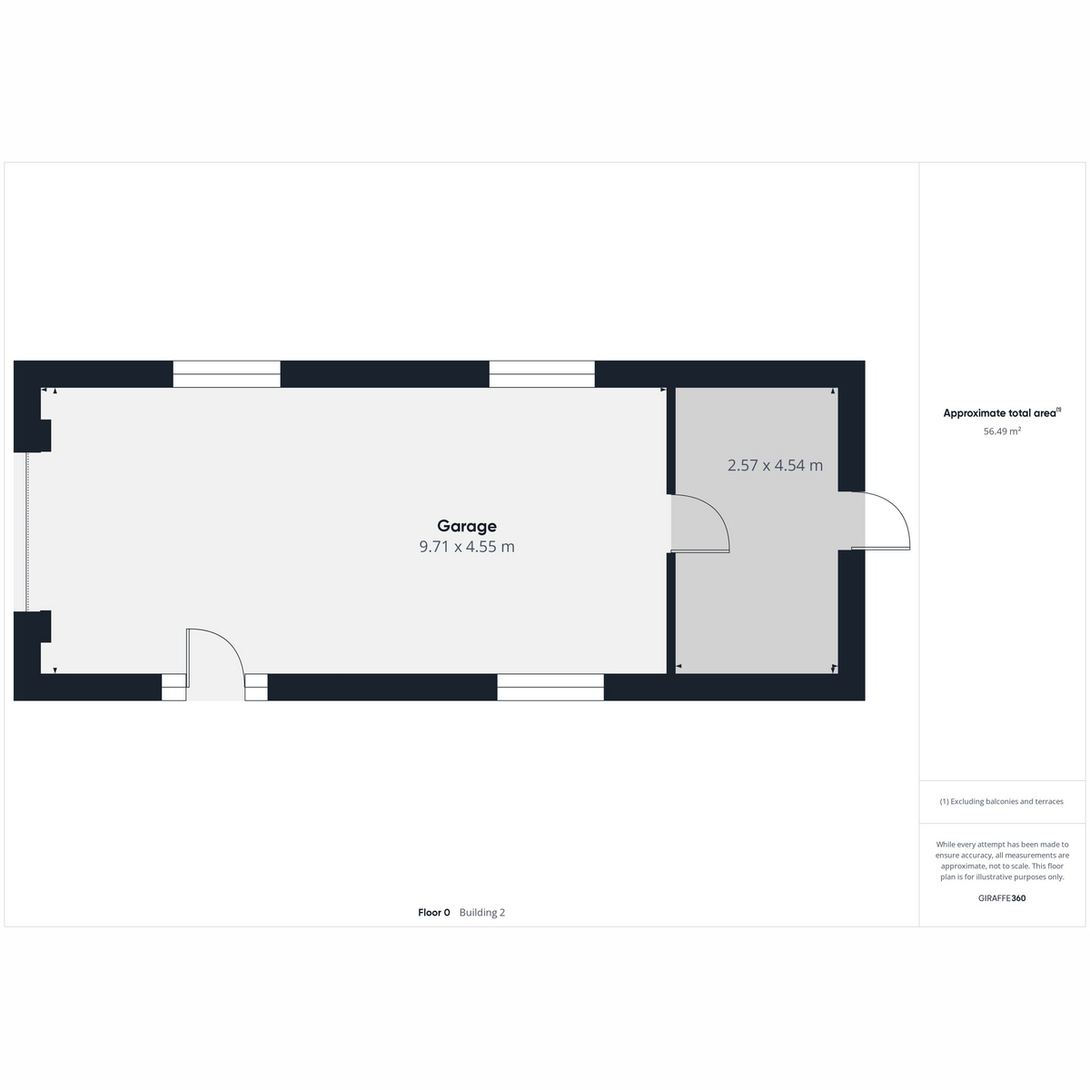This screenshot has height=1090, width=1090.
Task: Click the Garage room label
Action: coord(467,526)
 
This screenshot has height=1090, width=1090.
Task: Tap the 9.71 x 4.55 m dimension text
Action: coord(467,547)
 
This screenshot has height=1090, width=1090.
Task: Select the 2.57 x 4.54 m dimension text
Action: coord(775,465)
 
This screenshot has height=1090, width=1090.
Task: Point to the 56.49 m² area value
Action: coord(1002,431)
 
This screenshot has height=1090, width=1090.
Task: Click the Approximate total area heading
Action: coord(999,413)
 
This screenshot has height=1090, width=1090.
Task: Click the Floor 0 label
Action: coord(434,912)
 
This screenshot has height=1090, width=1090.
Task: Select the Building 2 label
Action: coord(482,912)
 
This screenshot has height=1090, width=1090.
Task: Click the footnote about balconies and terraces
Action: coord(1002,801)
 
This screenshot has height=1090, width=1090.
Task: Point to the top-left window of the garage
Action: coord(226,374)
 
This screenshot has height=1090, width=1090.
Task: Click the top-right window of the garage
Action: coord(542,374)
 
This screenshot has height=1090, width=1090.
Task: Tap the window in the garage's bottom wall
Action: coord(550,687)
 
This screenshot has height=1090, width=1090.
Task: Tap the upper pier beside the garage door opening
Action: coord(32,436)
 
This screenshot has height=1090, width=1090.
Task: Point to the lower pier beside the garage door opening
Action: coord(32,627)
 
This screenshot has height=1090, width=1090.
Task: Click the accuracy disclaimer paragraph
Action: coord(1002,860)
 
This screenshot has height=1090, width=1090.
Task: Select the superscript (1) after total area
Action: coord(1058,410)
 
